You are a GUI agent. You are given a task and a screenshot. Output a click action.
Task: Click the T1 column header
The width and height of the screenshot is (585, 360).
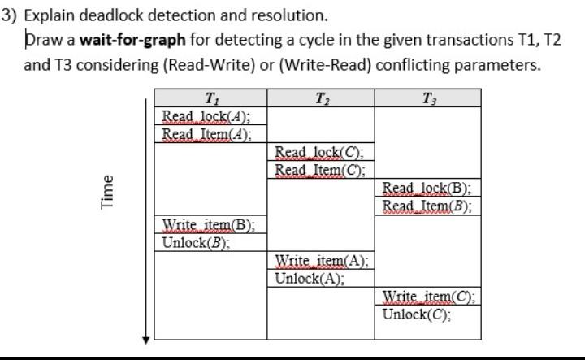(x=210, y=100)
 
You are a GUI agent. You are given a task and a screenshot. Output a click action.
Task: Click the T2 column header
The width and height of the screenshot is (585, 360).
(x=320, y=100)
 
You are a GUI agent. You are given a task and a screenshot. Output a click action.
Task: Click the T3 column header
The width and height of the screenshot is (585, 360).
(x=427, y=100)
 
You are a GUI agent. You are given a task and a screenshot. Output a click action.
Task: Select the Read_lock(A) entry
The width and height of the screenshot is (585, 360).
(x=206, y=117)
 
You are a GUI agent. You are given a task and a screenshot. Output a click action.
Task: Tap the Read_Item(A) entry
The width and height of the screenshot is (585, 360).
(x=206, y=134)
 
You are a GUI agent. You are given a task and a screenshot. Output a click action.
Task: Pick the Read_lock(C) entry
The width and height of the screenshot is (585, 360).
(x=319, y=152)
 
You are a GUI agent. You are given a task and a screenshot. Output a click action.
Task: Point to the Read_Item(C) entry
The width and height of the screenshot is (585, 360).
(x=319, y=170)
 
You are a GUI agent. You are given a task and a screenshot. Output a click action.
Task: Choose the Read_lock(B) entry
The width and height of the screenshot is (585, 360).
(x=427, y=188)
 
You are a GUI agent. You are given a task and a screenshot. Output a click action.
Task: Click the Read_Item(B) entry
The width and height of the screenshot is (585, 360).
(x=427, y=206)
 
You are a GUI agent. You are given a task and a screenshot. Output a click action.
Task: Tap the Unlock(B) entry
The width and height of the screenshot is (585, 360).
(x=196, y=241)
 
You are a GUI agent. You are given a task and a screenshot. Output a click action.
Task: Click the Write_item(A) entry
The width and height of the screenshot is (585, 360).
(x=322, y=260)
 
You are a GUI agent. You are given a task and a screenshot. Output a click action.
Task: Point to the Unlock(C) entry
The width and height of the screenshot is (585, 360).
(x=417, y=314)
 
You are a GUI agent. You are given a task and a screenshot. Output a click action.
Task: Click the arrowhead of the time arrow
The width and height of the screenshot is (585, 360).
(x=145, y=337)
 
